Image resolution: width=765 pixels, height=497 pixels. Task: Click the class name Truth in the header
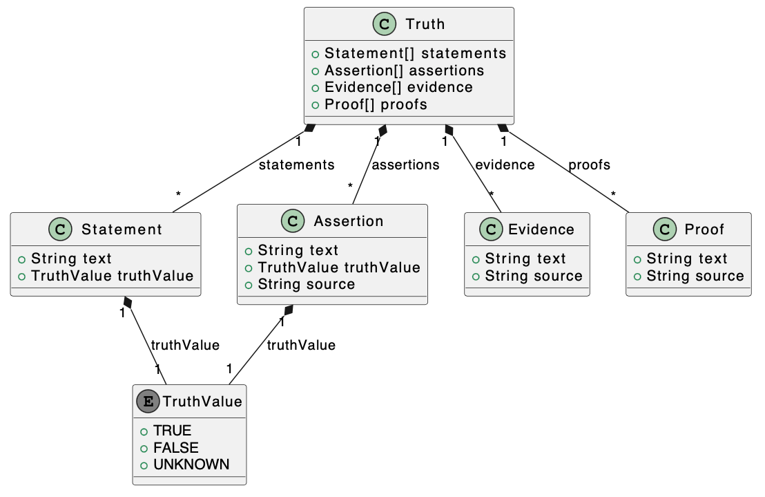[x=425, y=24]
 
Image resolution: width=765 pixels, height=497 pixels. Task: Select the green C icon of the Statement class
[x=61, y=229]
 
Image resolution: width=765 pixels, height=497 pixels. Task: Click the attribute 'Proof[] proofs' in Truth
[x=376, y=104]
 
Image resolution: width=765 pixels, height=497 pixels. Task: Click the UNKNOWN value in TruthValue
[x=191, y=464]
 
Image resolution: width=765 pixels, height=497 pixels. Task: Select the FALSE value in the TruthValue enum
[x=175, y=447]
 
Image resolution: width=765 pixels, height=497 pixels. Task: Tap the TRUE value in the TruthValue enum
[x=172, y=430]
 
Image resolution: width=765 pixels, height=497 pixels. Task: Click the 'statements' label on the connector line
[x=296, y=165]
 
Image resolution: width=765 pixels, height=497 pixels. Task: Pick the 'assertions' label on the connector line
[x=405, y=165]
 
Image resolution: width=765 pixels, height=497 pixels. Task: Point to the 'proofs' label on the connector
[x=589, y=165]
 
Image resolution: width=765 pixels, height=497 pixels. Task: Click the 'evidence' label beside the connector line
[x=505, y=165]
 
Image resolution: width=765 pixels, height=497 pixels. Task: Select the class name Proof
[x=704, y=229]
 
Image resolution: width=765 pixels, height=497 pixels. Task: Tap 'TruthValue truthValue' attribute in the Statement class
[x=113, y=276]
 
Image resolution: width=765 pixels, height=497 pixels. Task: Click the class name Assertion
[x=348, y=221]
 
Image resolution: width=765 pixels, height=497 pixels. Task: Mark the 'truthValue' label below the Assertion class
[x=301, y=344]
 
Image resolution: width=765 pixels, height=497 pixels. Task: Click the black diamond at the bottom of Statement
[x=127, y=302]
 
